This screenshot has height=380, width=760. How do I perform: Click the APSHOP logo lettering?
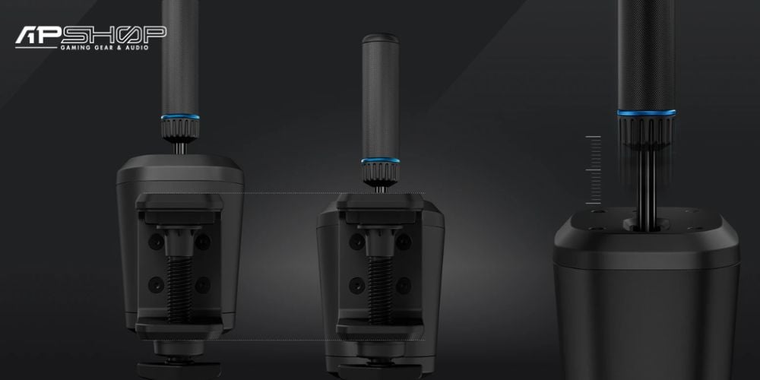point(90,34)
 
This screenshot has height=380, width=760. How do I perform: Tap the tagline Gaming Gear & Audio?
point(103,47)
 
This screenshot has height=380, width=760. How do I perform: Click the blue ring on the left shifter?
point(180,117)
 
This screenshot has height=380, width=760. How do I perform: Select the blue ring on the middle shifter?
point(381,160)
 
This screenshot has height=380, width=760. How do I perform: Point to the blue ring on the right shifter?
point(647,113)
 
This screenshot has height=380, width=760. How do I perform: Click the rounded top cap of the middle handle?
point(381,38)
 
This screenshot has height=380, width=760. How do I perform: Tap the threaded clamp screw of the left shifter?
point(180,289)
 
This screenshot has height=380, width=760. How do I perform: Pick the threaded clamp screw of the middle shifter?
point(380,289)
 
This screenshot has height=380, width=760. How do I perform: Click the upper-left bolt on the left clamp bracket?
point(156,241)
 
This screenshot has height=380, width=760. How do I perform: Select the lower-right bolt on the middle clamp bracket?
point(404,285)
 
